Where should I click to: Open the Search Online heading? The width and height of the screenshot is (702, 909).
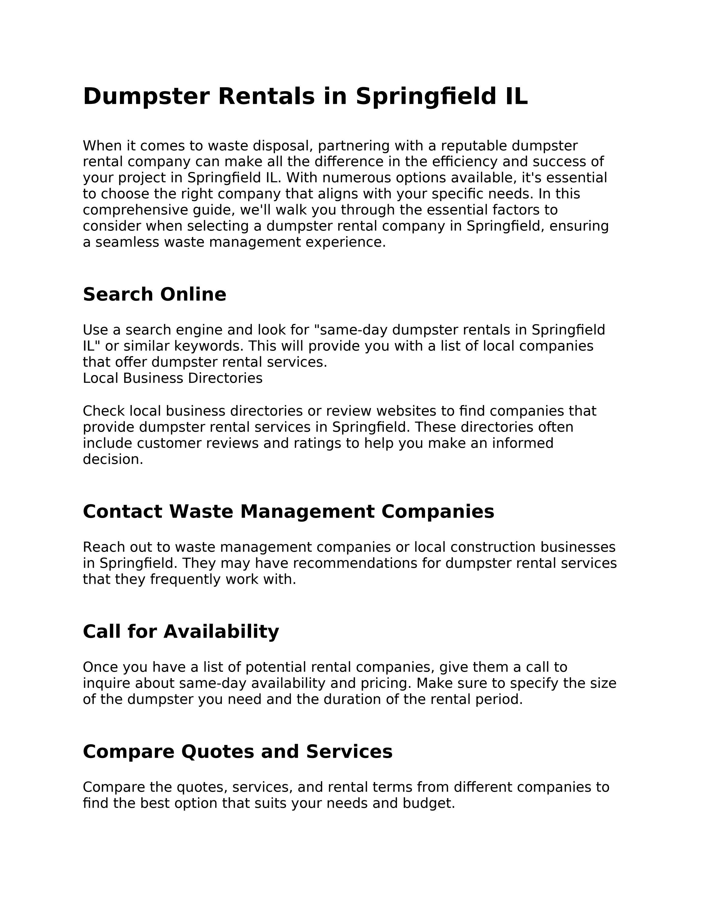point(154,295)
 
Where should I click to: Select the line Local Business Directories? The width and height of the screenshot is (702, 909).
point(172,378)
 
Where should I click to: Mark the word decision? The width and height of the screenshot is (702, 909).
point(113,459)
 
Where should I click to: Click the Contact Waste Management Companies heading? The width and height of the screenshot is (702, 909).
point(288,512)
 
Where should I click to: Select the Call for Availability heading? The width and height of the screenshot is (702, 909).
point(181,632)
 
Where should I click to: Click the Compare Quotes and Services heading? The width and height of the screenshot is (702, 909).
point(237,752)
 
